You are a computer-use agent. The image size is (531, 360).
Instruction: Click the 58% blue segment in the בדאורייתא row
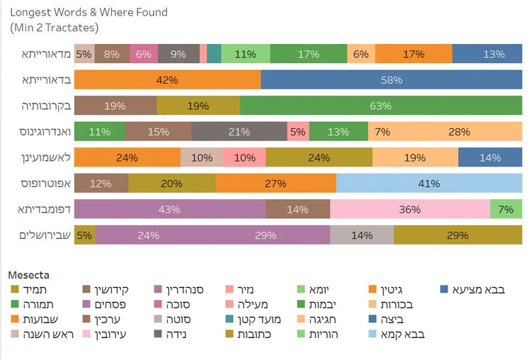tap(392, 80)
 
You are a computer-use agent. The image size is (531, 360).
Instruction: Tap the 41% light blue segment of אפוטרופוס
tap(429, 184)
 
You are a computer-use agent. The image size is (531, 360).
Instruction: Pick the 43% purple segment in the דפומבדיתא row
tap(169, 210)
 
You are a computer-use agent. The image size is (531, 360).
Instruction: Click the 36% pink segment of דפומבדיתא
tap(410, 210)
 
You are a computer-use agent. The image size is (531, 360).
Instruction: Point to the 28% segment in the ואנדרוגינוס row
tap(459, 132)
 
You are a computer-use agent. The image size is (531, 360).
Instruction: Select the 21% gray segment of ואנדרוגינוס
tap(239, 132)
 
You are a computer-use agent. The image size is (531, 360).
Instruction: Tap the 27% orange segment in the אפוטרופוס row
tap(275, 184)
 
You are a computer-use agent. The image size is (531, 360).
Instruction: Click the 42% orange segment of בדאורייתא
tap(167, 80)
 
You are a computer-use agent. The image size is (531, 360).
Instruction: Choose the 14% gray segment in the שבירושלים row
tap(361, 235)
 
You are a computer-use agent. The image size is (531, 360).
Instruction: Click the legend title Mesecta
tap(28, 274)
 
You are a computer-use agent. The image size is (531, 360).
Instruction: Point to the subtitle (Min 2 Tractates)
tap(54, 28)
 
